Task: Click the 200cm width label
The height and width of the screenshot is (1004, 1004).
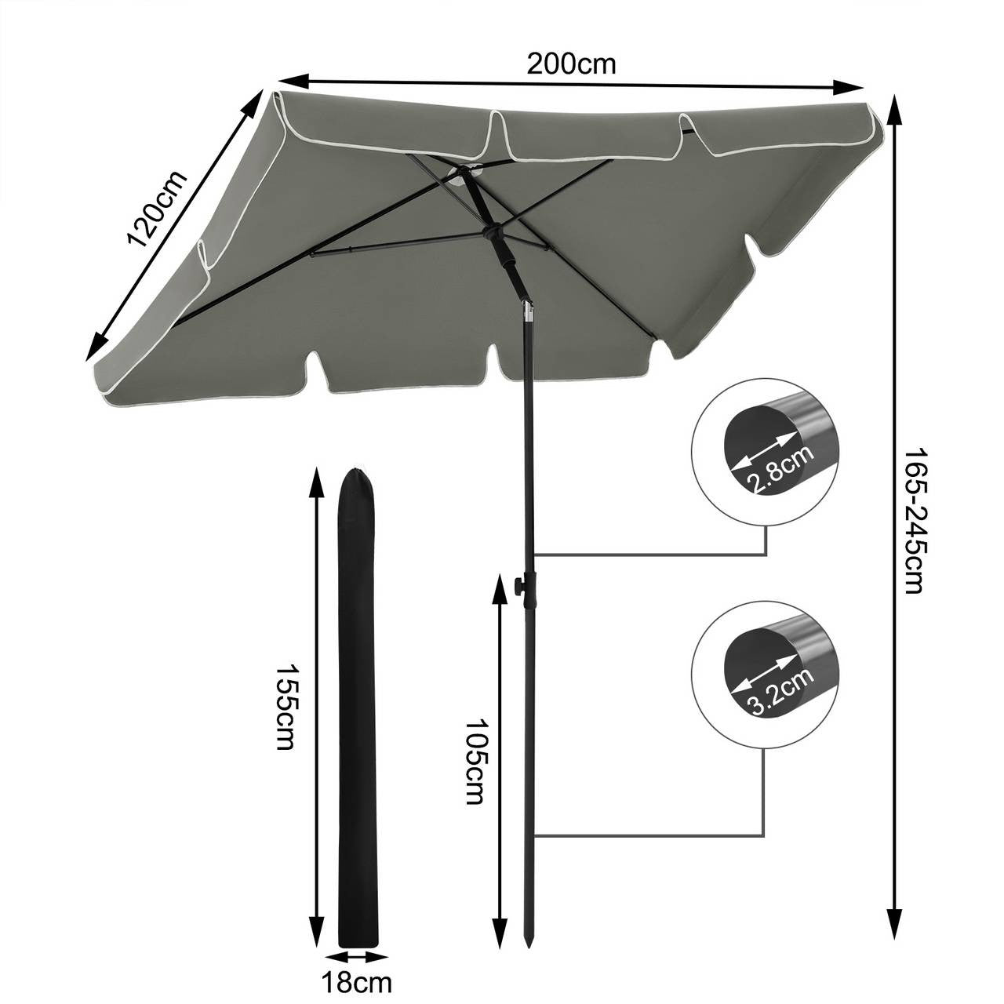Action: click(571, 64)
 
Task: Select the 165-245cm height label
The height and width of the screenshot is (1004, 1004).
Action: click(915, 521)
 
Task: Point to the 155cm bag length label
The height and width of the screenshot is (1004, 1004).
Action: click(286, 706)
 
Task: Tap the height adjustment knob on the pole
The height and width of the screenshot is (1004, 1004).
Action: click(518, 585)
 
